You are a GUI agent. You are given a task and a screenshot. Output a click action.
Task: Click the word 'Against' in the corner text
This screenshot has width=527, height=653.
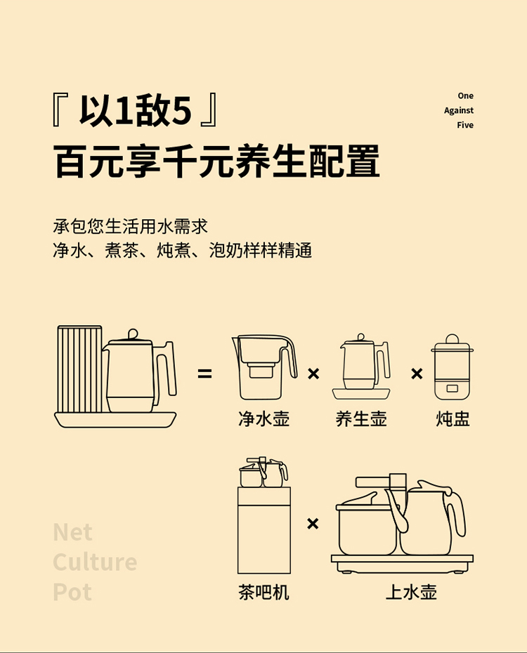tap(459, 111)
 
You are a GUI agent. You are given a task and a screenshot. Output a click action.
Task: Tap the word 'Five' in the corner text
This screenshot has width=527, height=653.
tap(465, 125)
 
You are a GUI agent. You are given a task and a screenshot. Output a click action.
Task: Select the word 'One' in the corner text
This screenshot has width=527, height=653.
tap(465, 95)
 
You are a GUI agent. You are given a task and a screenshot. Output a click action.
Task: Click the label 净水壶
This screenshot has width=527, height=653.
tap(263, 419)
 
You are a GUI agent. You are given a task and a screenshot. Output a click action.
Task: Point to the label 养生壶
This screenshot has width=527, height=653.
tap(361, 419)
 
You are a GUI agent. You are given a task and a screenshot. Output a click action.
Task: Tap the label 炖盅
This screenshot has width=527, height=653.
tap(453, 419)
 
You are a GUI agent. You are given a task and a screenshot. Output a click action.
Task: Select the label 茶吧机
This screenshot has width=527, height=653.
tap(263, 592)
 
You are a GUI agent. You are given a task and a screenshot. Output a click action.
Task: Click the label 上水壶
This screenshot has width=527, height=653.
tap(411, 592)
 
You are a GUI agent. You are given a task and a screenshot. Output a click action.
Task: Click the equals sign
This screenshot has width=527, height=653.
tap(204, 374)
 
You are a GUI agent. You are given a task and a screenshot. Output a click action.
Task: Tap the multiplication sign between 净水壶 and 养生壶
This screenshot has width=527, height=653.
tap(313, 374)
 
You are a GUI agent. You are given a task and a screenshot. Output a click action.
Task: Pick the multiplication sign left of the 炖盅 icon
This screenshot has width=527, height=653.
tap(417, 374)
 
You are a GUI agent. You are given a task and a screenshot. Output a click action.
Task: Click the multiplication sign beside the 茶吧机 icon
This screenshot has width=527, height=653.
tap(313, 523)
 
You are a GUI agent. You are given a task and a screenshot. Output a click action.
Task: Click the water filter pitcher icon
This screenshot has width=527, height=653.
tap(264, 367)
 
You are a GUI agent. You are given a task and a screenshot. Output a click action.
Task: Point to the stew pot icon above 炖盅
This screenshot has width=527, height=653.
tap(453, 367)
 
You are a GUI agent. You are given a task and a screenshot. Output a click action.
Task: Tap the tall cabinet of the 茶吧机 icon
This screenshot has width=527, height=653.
tap(264, 530)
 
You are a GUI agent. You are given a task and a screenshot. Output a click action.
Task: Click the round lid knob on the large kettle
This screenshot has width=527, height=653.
tap(133, 334)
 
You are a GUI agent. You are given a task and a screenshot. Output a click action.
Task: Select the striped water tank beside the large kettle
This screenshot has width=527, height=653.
tap(79, 369)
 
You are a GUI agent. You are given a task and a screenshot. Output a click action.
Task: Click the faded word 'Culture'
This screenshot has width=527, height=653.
tap(95, 562)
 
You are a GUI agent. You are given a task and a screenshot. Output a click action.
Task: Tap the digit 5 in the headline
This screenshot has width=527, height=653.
tap(181, 111)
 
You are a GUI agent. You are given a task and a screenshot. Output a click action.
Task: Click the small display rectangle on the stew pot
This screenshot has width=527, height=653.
tap(453, 388)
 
